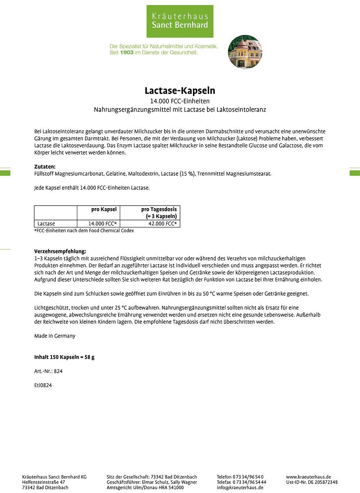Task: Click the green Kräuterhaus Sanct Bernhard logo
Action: (180, 21)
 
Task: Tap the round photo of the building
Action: (245, 52)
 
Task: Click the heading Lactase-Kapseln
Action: (180, 90)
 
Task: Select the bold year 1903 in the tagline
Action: (127, 53)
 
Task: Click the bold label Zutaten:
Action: (45, 167)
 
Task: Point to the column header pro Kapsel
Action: (104, 209)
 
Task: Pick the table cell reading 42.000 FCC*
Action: (163, 224)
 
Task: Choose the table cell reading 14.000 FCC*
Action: (102, 224)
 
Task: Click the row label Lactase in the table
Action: (46, 224)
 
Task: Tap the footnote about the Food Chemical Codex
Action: (84, 230)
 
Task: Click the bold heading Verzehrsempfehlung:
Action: (60, 251)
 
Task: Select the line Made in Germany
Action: (55, 336)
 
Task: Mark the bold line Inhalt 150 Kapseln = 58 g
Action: (64, 357)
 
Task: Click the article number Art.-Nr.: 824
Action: (48, 371)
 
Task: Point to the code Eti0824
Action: (43, 385)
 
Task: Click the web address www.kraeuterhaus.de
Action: (308, 477)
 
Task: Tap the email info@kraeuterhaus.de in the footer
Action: (240, 488)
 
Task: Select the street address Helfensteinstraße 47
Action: (44, 482)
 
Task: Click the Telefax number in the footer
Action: (242, 482)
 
